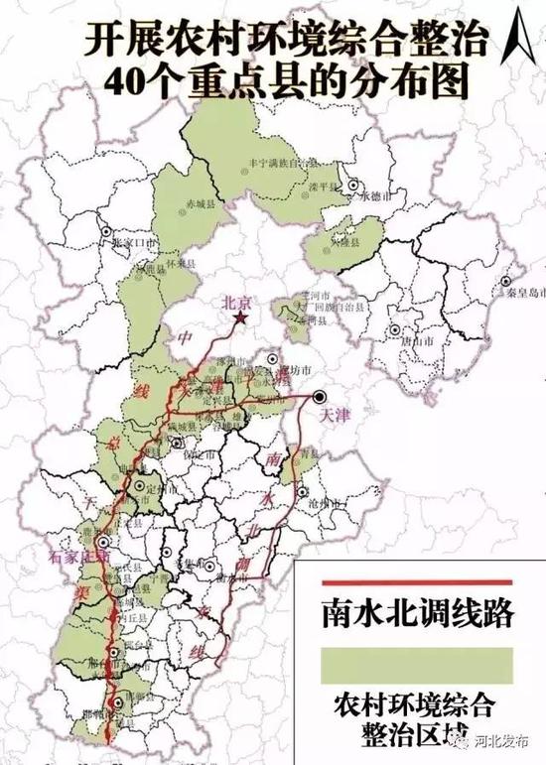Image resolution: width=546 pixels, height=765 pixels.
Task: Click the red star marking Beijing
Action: tap(241, 318)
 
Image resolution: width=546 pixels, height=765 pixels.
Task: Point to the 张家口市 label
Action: tap(134, 241)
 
